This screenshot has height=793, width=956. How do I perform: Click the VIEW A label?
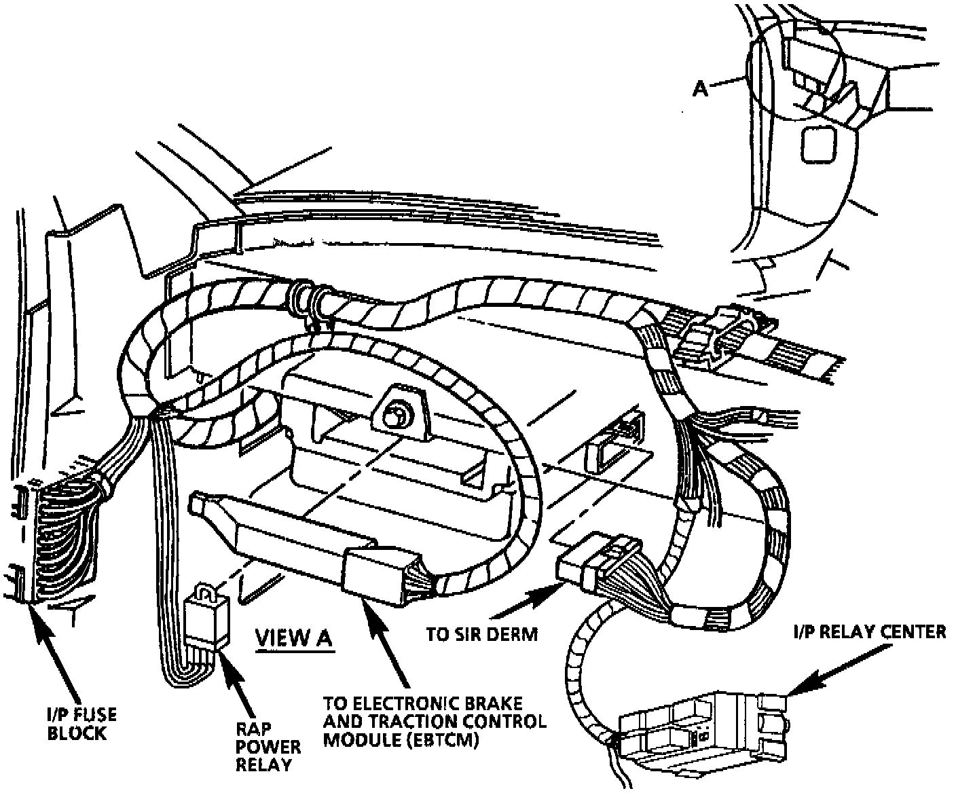(294, 638)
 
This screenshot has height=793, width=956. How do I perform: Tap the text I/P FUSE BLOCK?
(76, 724)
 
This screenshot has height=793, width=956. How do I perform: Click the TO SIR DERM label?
(481, 634)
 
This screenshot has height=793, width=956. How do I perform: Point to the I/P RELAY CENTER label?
(870, 632)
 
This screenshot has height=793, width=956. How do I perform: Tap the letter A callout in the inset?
(701, 88)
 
